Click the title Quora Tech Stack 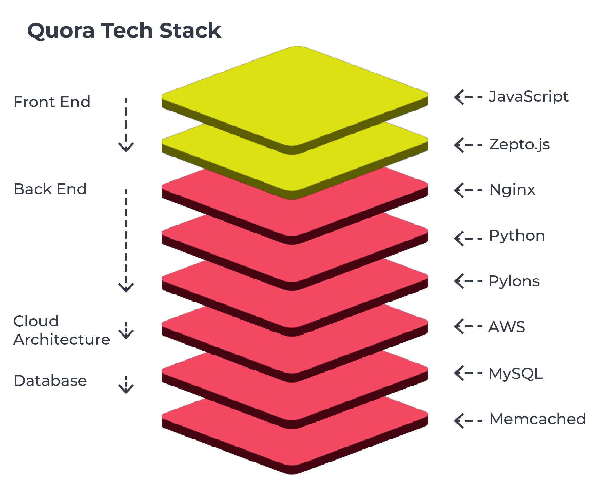coord(124,31)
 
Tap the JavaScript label coord(528,97)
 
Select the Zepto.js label coord(519,145)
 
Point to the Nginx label coord(512,190)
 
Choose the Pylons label coord(514,281)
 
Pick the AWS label coord(507,327)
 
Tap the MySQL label coord(516,374)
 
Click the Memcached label coord(537,419)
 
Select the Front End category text coord(52,102)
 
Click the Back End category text coord(50,189)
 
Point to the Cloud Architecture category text coord(61,330)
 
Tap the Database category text coord(50,381)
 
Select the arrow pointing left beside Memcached coord(468,420)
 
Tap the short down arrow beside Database coord(126,385)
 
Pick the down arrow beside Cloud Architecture coord(126,330)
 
